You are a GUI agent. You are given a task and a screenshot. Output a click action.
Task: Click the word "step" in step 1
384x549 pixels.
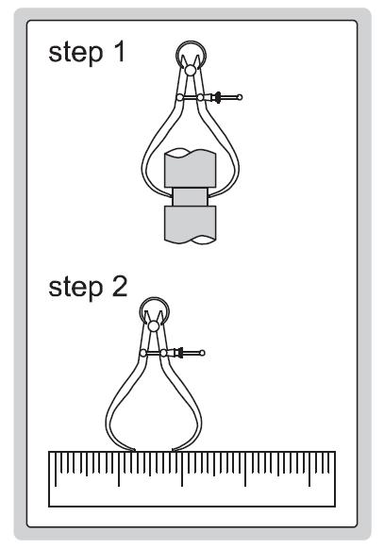coord(75,53)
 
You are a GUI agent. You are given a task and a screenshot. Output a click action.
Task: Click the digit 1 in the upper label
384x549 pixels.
coord(120,52)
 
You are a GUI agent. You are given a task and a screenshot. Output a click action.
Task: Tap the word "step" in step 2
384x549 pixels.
coord(75,288)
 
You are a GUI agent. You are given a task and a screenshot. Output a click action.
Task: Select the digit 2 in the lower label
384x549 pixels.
coord(120,287)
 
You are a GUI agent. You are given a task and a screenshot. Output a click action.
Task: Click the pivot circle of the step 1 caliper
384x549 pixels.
coord(191,71)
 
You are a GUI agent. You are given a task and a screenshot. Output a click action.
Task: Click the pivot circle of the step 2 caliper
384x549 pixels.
coord(154,326)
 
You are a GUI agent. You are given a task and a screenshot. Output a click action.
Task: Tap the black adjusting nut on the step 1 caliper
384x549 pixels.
coord(218,97)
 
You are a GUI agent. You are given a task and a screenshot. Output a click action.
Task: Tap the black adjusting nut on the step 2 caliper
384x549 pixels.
coord(180,353)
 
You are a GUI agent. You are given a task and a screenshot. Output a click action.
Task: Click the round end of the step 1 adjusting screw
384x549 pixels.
coord(240,97)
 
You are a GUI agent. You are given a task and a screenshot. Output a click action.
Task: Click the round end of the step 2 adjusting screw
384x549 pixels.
coord(202,353)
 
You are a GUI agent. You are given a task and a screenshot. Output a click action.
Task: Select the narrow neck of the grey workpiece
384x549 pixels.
coord(190,197)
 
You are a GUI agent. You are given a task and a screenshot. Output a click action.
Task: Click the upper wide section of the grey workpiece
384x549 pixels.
coord(190,169)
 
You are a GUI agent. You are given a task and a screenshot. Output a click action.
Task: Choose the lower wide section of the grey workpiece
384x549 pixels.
coord(190,225)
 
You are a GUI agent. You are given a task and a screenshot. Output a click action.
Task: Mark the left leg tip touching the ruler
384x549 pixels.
coord(135,451)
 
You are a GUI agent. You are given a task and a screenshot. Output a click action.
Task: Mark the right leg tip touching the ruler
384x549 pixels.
coord(173,451)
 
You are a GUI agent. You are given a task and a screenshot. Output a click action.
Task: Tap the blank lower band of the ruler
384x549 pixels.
coord(192,496)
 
